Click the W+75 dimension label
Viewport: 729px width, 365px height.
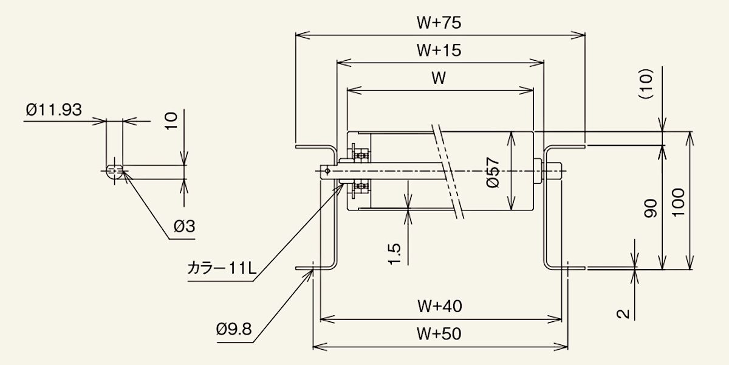[439, 23]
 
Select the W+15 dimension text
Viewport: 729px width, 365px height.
[439, 50]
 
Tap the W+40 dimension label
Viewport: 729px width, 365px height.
[439, 306]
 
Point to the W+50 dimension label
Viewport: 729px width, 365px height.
[439, 333]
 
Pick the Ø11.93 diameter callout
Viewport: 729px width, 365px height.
[53, 110]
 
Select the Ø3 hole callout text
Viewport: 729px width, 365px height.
[184, 227]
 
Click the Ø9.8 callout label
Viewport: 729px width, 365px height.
[233, 329]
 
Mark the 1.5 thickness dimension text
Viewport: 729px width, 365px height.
[394, 254]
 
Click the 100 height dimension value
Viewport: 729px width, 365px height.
[679, 201]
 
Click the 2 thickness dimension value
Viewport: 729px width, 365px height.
[621, 314]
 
